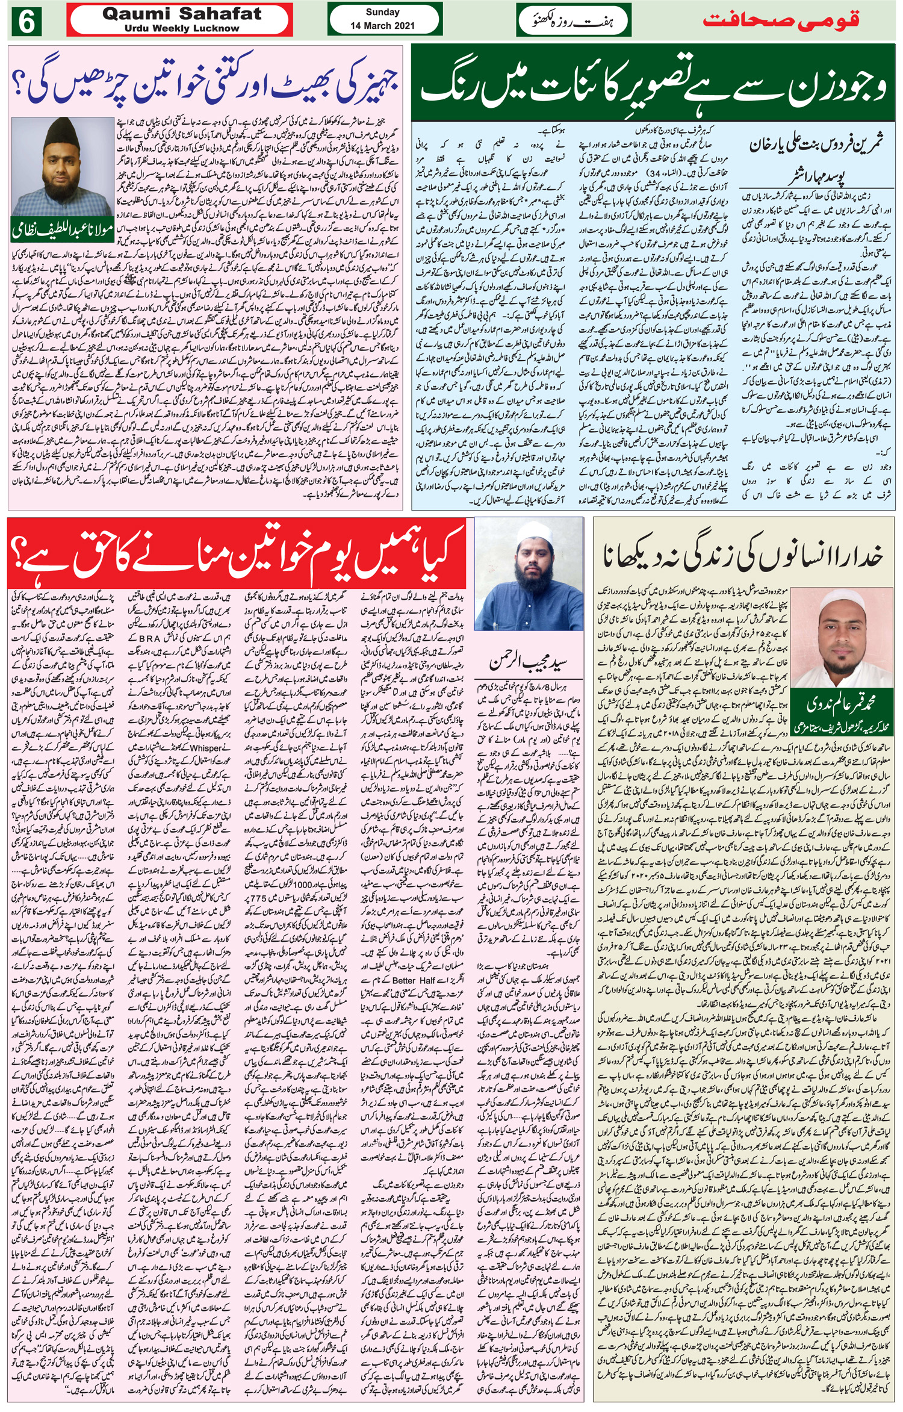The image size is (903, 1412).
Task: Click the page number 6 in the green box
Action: [26, 22]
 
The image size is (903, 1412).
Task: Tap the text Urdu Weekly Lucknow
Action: [182, 28]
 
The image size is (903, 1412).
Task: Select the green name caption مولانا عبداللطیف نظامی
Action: [62, 232]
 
